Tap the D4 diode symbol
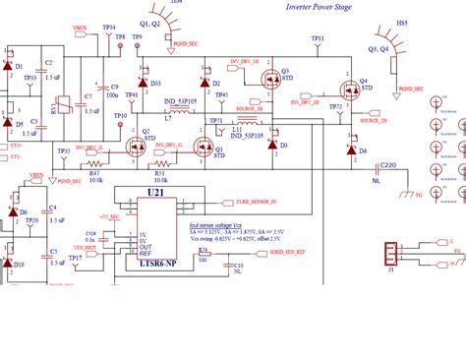point(351,151)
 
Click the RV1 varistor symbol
point(62,102)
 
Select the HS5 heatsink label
point(401,22)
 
